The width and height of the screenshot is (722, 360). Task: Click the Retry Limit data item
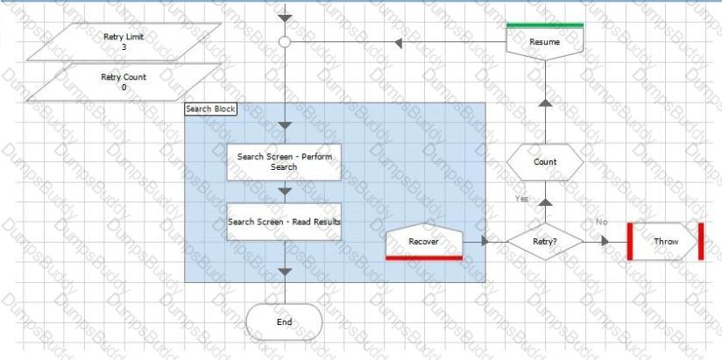click(x=124, y=42)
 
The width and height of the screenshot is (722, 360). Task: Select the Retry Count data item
click(x=124, y=82)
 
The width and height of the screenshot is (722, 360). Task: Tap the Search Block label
click(x=210, y=109)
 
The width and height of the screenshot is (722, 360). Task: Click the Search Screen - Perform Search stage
click(x=284, y=162)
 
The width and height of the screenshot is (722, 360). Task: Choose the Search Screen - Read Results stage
click(x=284, y=222)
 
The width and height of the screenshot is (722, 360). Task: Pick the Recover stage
click(x=424, y=242)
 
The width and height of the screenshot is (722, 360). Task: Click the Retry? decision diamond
click(x=545, y=241)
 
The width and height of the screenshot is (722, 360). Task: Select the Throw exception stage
click(x=666, y=241)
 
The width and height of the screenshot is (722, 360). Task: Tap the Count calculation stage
click(x=545, y=162)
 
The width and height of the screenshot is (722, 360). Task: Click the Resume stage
click(x=545, y=42)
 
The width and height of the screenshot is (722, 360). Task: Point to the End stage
click(x=284, y=321)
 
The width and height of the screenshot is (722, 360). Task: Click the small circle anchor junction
click(x=285, y=42)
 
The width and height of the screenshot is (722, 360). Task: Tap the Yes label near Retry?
click(x=521, y=199)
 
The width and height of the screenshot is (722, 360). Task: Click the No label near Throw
click(x=602, y=222)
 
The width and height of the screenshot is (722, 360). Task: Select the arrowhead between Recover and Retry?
click(x=485, y=241)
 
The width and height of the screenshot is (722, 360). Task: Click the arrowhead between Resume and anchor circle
click(x=399, y=43)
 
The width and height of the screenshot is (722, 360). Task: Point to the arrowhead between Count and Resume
click(x=545, y=102)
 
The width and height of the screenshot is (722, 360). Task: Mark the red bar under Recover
click(x=424, y=258)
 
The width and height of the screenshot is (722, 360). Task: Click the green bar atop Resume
click(x=545, y=25)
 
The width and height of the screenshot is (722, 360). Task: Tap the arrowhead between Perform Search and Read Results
click(x=285, y=191)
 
